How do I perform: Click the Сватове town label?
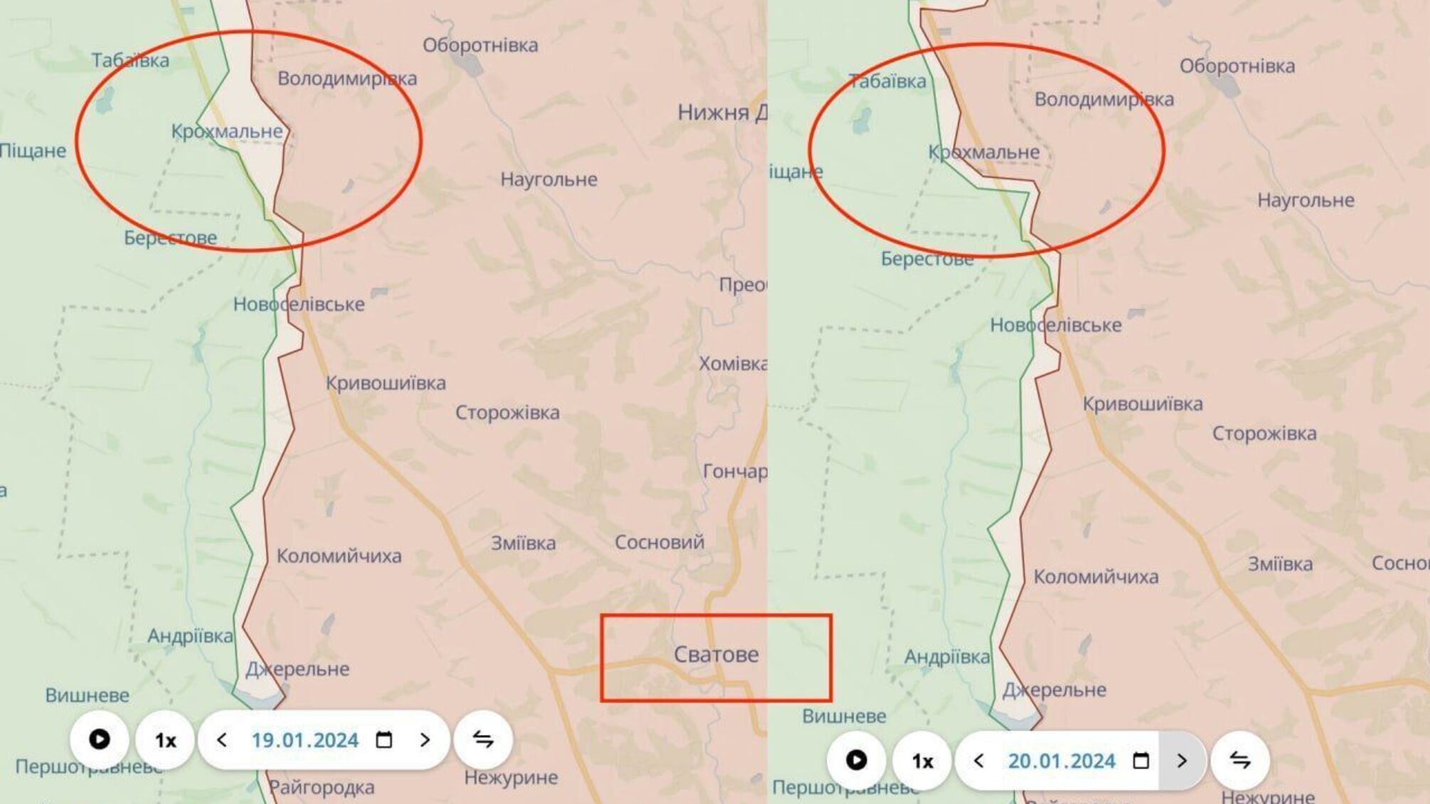pyautogui.click(x=716, y=655)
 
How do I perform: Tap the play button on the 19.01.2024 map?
pyautogui.click(x=99, y=740)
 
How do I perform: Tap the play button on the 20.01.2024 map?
pyautogui.click(x=856, y=761)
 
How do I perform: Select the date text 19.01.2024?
pyautogui.click(x=304, y=741)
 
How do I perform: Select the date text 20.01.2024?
pyautogui.click(x=1061, y=761)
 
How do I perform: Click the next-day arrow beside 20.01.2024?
pyautogui.click(x=1182, y=761)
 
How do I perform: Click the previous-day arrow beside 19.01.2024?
pyautogui.click(x=222, y=741)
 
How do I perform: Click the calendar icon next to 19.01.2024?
pyautogui.click(x=384, y=741)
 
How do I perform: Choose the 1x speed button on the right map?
pyautogui.click(x=922, y=761)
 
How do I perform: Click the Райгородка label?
pyautogui.click(x=322, y=788)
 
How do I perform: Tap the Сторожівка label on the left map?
pyautogui.click(x=507, y=413)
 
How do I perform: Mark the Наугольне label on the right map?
pyautogui.click(x=1305, y=201)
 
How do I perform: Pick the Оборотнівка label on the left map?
pyautogui.click(x=480, y=46)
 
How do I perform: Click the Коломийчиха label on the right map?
pyautogui.click(x=1096, y=577)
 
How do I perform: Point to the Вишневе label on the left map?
pyautogui.click(x=88, y=695)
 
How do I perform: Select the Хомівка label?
pyautogui.click(x=733, y=364)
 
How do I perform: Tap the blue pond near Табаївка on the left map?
pyautogui.click(x=105, y=100)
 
